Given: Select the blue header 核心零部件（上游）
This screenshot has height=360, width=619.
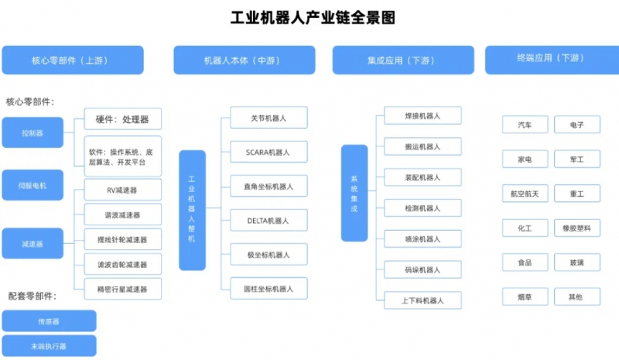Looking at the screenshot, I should coord(72,60).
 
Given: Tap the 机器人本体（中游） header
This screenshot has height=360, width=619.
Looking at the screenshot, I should coord(244,60).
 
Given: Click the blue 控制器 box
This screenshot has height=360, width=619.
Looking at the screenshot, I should coord(32,133).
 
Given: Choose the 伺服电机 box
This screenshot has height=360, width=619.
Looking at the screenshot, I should coord(32,185).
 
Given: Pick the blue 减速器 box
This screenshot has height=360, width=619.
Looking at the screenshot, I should coord(32,244).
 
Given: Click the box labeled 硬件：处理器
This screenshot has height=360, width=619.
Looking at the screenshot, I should coord(122,119).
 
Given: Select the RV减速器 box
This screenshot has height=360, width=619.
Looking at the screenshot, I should coord(122,190).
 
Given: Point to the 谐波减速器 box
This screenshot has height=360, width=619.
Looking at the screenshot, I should coord(122,214).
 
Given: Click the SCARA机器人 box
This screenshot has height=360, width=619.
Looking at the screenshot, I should coord(268,152).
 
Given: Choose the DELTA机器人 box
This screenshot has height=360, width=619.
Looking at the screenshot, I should coord(268,221).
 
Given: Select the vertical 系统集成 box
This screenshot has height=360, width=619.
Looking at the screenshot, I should coord(354,193).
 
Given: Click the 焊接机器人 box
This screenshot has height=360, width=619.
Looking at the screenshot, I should coord(422,116).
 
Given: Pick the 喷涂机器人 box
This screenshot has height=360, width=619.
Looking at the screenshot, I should coord(422,239).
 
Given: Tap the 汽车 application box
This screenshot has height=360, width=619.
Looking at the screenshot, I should coord(525,125).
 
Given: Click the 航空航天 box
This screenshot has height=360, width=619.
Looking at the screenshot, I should coord(525,194).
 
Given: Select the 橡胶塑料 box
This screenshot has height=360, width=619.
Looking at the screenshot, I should coord(577,228).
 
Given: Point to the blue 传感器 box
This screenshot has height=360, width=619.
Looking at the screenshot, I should coord(49,321).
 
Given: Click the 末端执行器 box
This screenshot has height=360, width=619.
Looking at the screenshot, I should coord(49,345).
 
